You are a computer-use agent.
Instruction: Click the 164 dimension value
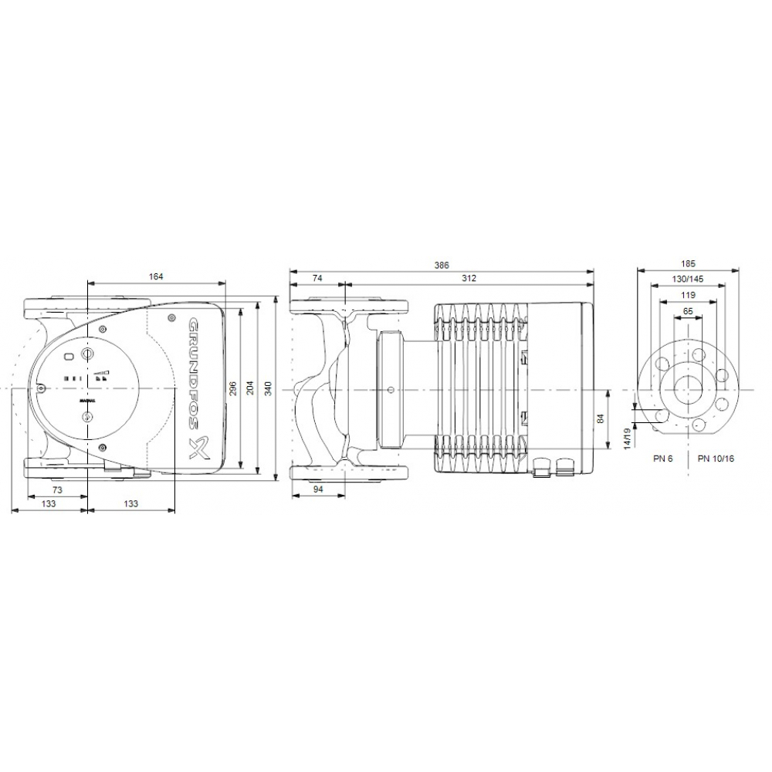156,277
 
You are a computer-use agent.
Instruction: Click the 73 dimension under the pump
56,490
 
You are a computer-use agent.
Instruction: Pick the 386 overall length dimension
442,265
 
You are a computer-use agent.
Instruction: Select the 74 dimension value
317,278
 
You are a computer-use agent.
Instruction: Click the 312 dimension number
468,278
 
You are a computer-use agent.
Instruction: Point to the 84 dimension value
601,419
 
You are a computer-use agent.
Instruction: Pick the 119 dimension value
687,295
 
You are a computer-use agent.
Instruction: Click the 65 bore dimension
687,312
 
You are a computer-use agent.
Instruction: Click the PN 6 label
662,458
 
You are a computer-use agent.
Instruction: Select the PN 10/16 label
716,458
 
